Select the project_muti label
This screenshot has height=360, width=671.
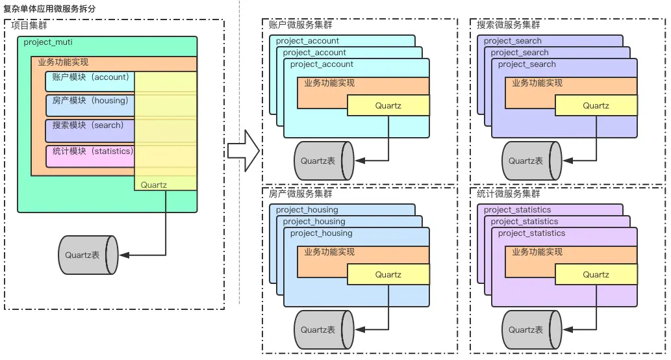pos(48,42)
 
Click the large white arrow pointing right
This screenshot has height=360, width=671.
pos(244,151)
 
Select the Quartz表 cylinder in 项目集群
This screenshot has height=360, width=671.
pos(88,255)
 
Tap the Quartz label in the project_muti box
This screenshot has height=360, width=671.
pos(153,185)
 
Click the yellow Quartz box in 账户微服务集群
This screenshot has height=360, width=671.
pos(388,106)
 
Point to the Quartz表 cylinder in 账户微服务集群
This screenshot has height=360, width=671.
pos(323,161)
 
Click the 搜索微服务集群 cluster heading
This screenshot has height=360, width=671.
pos(508,25)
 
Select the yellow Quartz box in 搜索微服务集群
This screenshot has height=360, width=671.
pos(596,106)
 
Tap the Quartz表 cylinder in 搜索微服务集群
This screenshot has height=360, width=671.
pos(531,161)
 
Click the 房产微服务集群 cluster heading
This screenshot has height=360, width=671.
pos(300,194)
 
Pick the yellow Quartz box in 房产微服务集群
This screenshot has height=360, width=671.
pos(388,275)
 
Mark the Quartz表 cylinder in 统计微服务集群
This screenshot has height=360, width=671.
pos(531,329)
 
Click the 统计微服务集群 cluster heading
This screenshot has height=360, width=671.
pos(508,194)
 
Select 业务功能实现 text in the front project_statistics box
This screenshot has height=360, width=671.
pos(537,252)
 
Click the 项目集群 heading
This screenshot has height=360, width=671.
pos(29,25)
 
